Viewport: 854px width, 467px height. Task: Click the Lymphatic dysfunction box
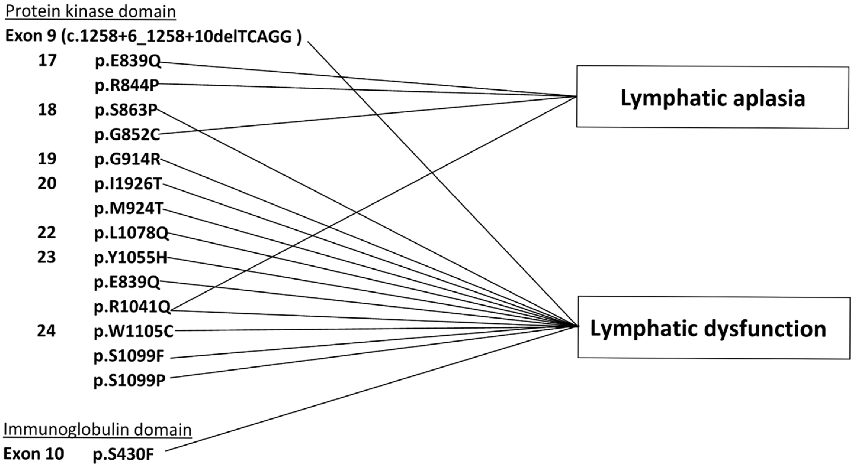[x=714, y=327]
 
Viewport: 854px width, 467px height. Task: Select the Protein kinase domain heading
[x=90, y=12]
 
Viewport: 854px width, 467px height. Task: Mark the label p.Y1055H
[x=131, y=257]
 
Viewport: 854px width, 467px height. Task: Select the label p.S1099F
[x=129, y=356]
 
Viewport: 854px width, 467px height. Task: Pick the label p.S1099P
[x=129, y=381]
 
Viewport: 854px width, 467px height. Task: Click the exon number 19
[x=47, y=159]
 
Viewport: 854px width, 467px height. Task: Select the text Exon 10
[x=33, y=454]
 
